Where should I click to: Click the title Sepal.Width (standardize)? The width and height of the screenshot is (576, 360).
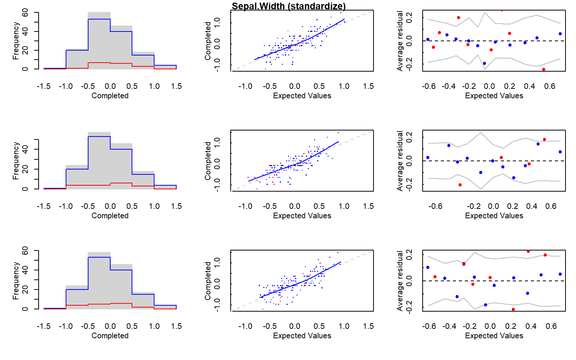pyautogui.click(x=288, y=6)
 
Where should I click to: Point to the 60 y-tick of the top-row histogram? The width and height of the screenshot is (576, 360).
pyautogui.click(x=25, y=13)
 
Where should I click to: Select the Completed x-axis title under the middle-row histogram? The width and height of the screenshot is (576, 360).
pyautogui.click(x=110, y=216)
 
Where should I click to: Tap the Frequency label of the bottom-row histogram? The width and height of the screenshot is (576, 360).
pyautogui.click(x=15, y=281)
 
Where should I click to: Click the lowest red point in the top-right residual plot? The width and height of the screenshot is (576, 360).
pyautogui.click(x=543, y=69)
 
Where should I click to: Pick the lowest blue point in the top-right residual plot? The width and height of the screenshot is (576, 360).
pyautogui.click(x=484, y=63)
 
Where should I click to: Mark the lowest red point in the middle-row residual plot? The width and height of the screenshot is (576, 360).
pyautogui.click(x=460, y=185)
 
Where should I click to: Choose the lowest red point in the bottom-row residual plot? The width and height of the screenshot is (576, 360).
pyautogui.click(x=513, y=309)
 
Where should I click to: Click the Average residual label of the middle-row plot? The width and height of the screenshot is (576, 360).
pyautogui.click(x=400, y=161)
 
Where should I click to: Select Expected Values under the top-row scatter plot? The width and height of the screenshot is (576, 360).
pyautogui.click(x=302, y=96)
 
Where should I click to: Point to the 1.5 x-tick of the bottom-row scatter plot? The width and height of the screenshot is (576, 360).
pyautogui.click(x=368, y=326)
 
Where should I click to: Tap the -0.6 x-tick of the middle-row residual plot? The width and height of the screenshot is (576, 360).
pyautogui.click(x=435, y=206)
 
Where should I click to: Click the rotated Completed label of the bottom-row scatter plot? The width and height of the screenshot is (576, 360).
pyautogui.click(x=208, y=281)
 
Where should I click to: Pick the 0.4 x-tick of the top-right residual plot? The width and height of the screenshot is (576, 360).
pyautogui.click(x=529, y=86)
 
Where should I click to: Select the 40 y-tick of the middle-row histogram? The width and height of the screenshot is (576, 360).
pyautogui.click(x=25, y=149)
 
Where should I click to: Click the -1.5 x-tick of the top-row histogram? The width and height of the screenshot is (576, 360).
pyautogui.click(x=43, y=86)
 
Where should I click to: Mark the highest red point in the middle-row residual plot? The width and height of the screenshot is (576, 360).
pyautogui.click(x=544, y=139)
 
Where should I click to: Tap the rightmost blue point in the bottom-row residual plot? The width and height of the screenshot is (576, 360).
pyautogui.click(x=560, y=274)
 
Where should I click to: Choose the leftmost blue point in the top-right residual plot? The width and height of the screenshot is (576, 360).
pyautogui.click(x=428, y=39)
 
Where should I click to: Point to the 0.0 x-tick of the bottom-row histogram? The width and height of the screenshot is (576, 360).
pyautogui.click(x=110, y=326)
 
